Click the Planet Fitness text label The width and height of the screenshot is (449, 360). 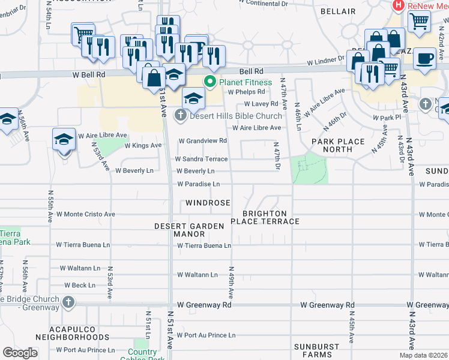[246, 82]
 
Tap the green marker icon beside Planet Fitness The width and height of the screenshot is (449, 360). [210, 82]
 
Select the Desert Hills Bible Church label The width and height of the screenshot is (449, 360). [236, 116]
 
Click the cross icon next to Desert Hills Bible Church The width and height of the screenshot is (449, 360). [181, 115]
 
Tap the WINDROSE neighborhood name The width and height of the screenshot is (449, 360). [208, 203]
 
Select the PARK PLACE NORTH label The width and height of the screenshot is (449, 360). [338, 145]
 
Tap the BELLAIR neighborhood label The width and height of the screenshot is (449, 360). [338, 11]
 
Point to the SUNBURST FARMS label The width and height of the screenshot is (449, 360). [318, 351]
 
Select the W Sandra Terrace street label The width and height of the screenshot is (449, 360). [201, 159]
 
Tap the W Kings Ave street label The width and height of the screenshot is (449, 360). [143, 145]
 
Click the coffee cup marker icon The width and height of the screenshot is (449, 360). [424, 59]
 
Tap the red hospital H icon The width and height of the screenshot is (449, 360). [397, 5]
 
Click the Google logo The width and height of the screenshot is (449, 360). [20, 353]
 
